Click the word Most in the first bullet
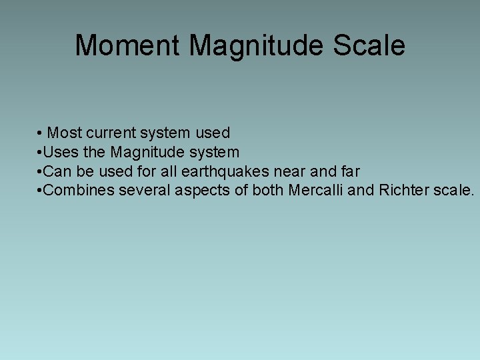pos(64,133)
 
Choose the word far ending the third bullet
pos(349,171)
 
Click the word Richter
pos(403,191)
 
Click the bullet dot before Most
pos(41,133)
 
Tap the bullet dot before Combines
pos(40,191)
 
